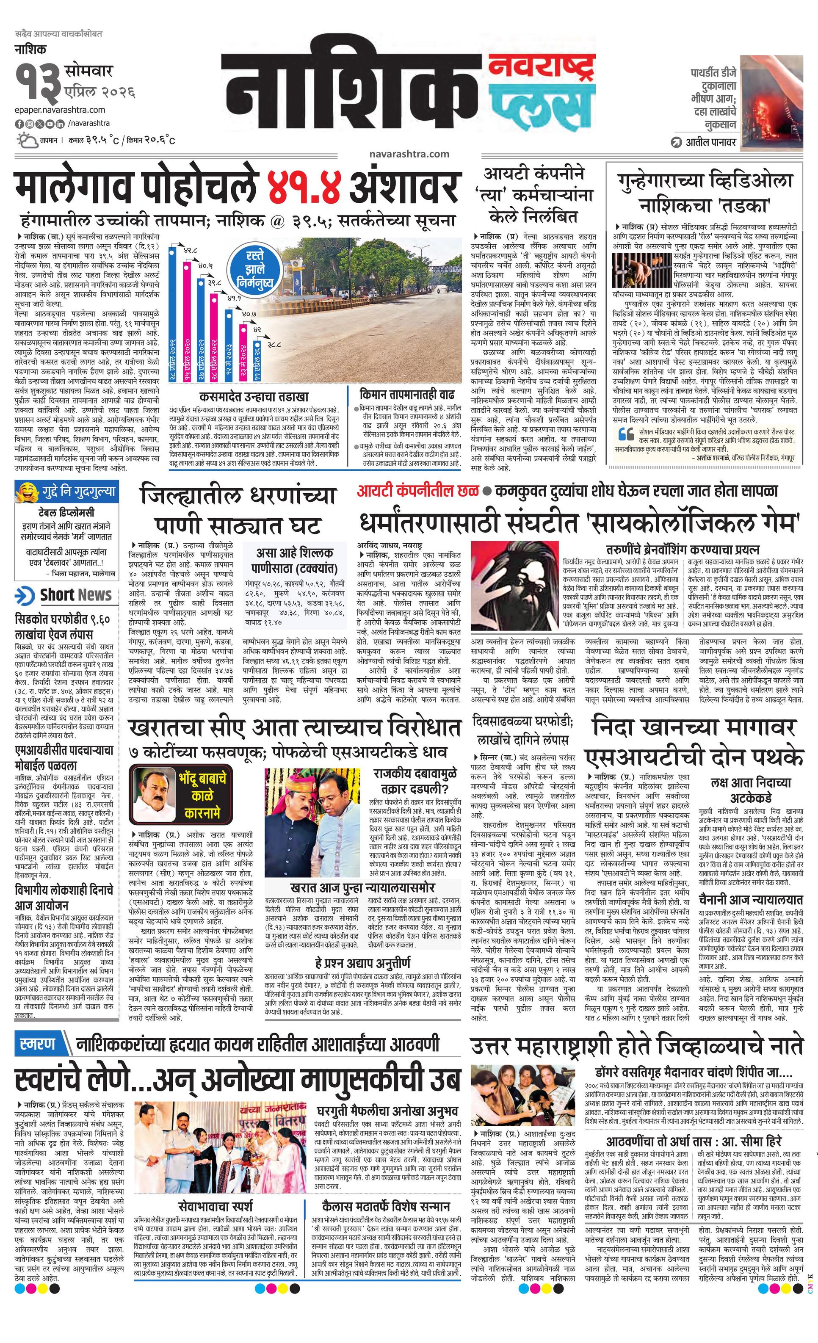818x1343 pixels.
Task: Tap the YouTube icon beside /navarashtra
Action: coord(50,124)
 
